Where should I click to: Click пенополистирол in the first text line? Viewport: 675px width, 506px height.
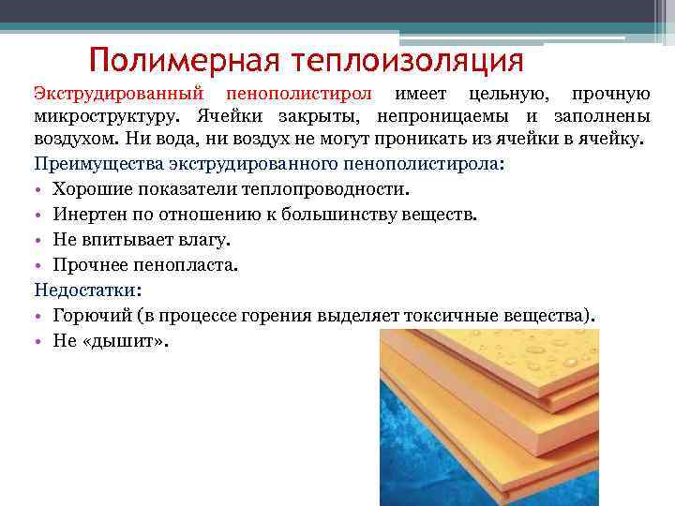299,95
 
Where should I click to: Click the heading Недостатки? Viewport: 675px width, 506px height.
85,290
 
